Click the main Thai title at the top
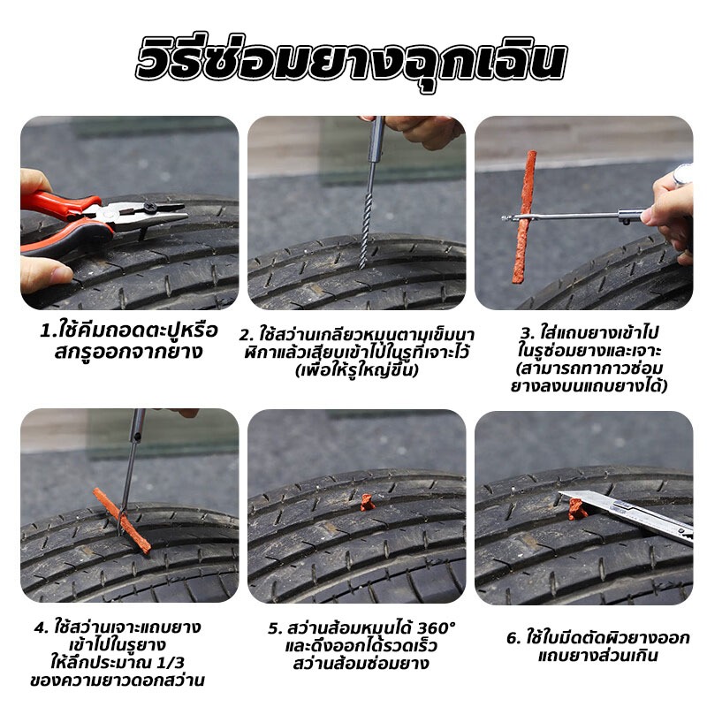point(351,60)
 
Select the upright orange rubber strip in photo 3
point(525,217)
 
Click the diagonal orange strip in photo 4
point(122,521)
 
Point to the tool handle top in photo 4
point(138,425)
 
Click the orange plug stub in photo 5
point(368,502)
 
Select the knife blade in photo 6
point(627,516)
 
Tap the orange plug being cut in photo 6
point(577,509)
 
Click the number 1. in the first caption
point(48,331)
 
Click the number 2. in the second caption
point(247,336)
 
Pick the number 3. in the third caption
point(527,333)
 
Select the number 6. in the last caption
point(513,638)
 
